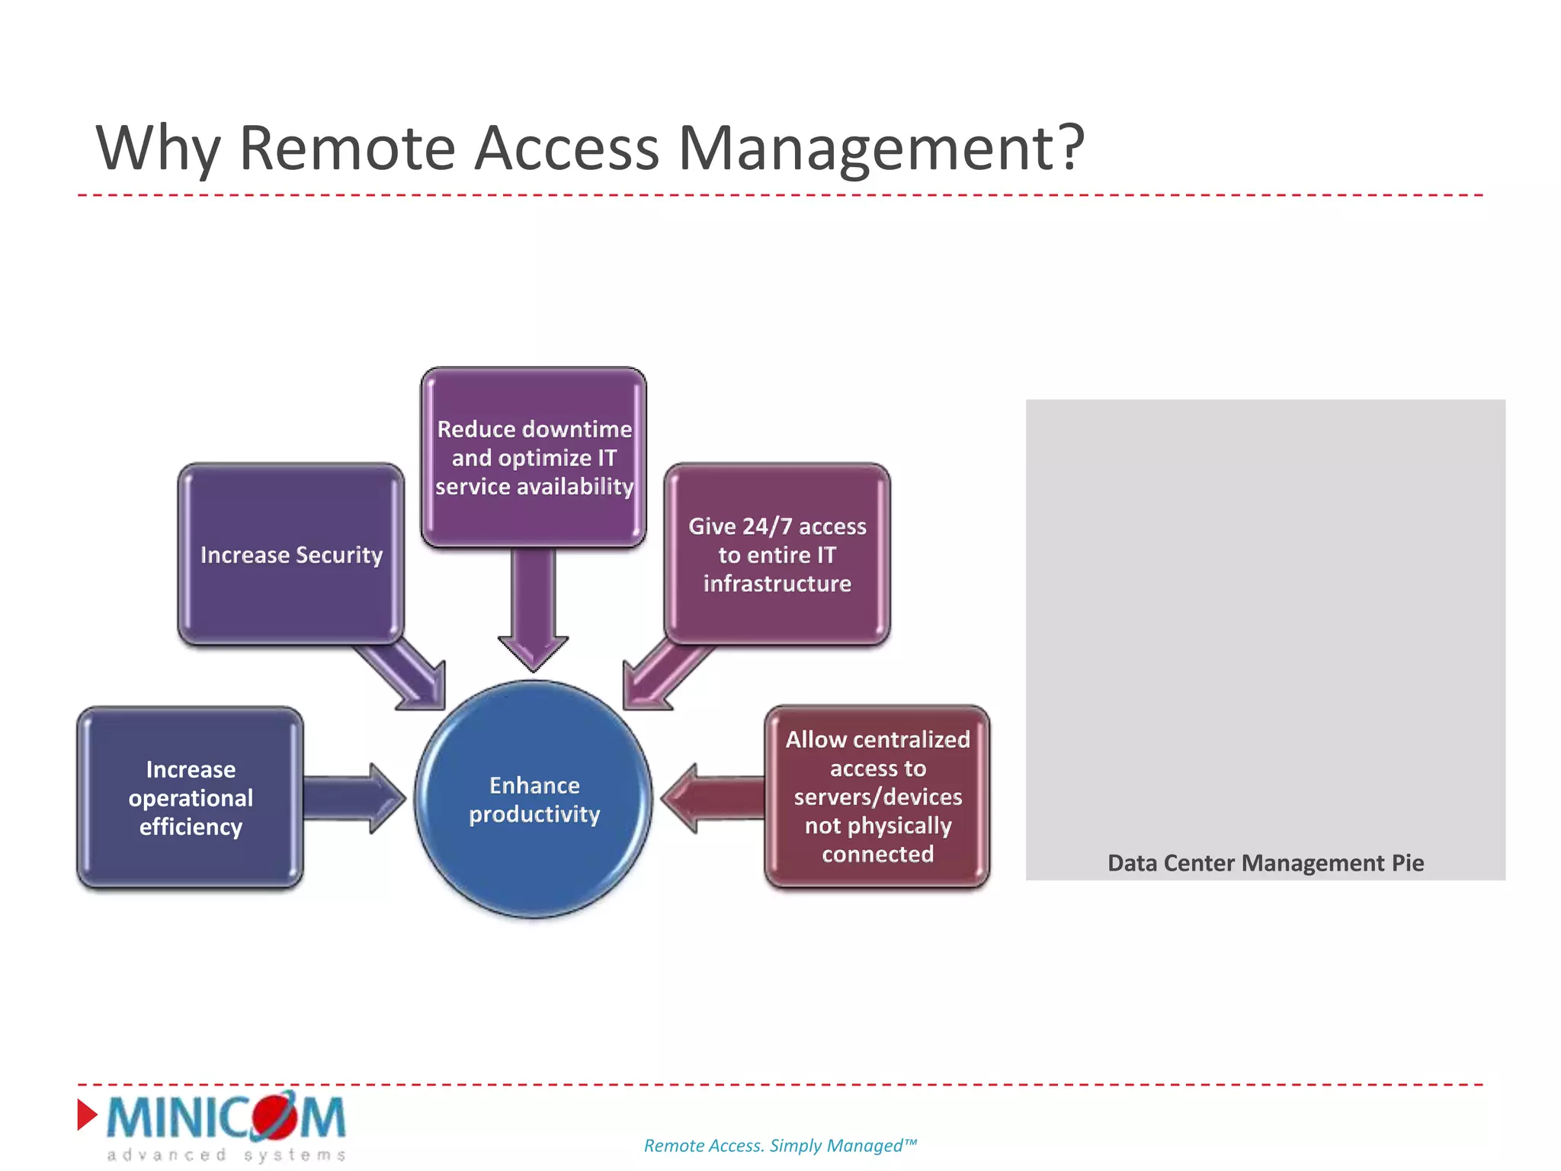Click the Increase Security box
pos(290,554)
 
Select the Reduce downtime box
pos(534,457)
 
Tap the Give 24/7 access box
pos(777,554)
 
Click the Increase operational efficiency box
pos(191,797)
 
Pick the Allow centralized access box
pos(877,797)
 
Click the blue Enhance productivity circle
pos(534,799)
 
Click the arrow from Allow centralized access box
pos(713,797)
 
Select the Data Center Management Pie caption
pos(1265,862)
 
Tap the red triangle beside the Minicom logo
pos(87,1115)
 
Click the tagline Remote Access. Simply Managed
pos(780,1145)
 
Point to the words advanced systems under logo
pos(226,1155)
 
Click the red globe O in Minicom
pos(274,1115)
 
